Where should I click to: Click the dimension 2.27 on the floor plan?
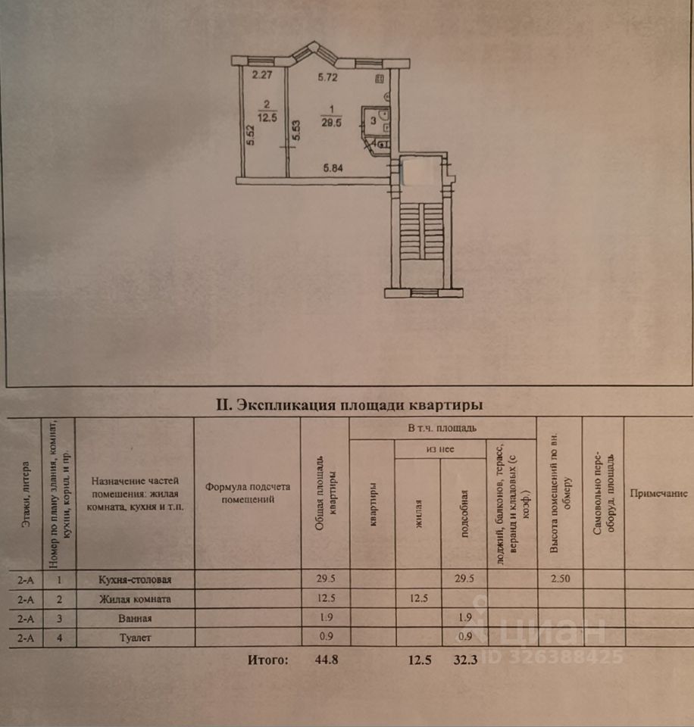coord(262,75)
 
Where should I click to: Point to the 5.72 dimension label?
coord(327,76)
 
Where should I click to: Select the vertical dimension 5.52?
coord(249,135)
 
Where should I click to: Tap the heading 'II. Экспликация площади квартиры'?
coord(349,404)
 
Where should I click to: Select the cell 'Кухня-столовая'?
coord(135,580)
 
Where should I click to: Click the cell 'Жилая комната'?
coord(135,599)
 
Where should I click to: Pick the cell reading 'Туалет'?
coord(135,638)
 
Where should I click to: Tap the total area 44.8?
coord(325,660)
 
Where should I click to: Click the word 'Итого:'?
coord(267,660)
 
